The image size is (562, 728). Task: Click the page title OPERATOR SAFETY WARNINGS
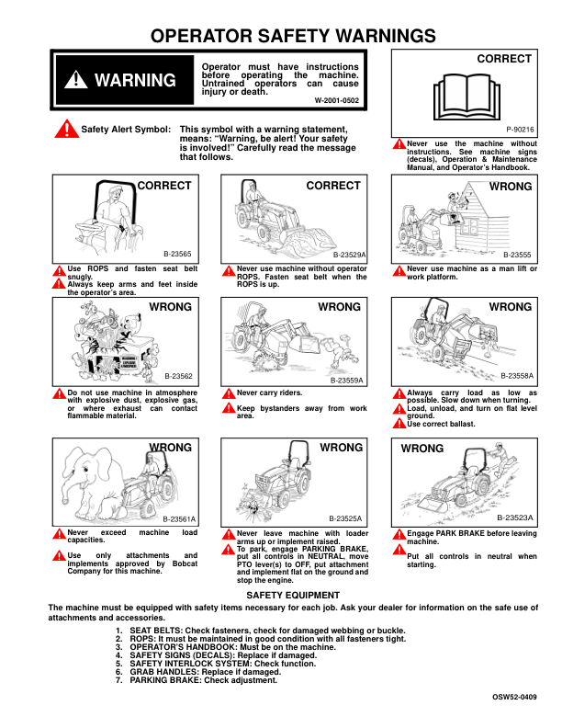[292, 36]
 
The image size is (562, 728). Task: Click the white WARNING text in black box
[134, 80]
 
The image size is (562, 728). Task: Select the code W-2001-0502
[338, 98]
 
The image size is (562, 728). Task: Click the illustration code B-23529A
[349, 253]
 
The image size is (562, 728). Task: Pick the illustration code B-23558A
[516, 376]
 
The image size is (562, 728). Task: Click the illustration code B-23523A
[516, 518]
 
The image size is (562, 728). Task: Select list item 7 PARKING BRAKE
[197, 680]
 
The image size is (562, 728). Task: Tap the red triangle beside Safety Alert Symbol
[66, 130]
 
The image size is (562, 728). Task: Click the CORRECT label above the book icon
[504, 59]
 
